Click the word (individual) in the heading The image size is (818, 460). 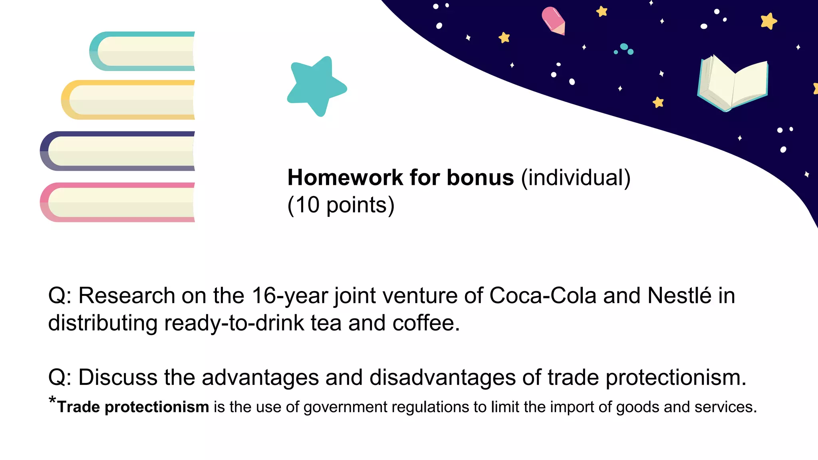[576, 177]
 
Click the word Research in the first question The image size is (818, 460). [127, 296]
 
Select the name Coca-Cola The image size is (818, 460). [543, 296]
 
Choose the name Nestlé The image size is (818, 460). [679, 296]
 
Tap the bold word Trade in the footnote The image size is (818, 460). [78, 407]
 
